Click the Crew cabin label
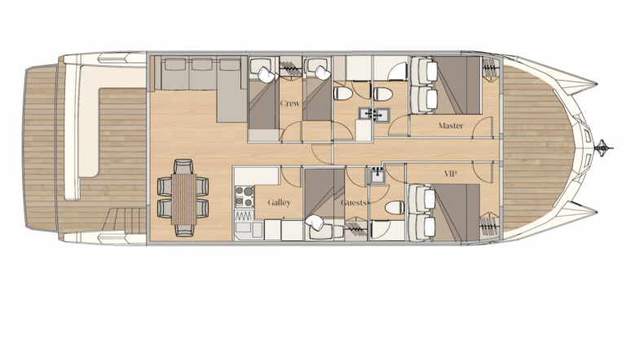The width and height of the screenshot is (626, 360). (x=290, y=103)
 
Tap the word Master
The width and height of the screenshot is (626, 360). (x=451, y=125)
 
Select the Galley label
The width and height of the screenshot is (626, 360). (x=279, y=203)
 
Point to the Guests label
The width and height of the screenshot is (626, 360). (x=354, y=203)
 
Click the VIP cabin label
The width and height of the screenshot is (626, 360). (x=450, y=174)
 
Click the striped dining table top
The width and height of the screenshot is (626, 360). (x=183, y=199)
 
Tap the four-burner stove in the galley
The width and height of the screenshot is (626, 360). (x=244, y=197)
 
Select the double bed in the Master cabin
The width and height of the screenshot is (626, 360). (x=457, y=86)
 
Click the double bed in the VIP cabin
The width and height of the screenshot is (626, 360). (x=457, y=213)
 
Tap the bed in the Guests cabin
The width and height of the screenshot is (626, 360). (x=324, y=193)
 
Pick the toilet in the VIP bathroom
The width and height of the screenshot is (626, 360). (x=395, y=208)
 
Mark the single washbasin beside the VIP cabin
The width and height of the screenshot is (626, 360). (x=377, y=176)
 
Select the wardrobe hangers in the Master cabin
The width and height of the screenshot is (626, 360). (x=490, y=67)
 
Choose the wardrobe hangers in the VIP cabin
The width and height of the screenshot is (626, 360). (x=490, y=226)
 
